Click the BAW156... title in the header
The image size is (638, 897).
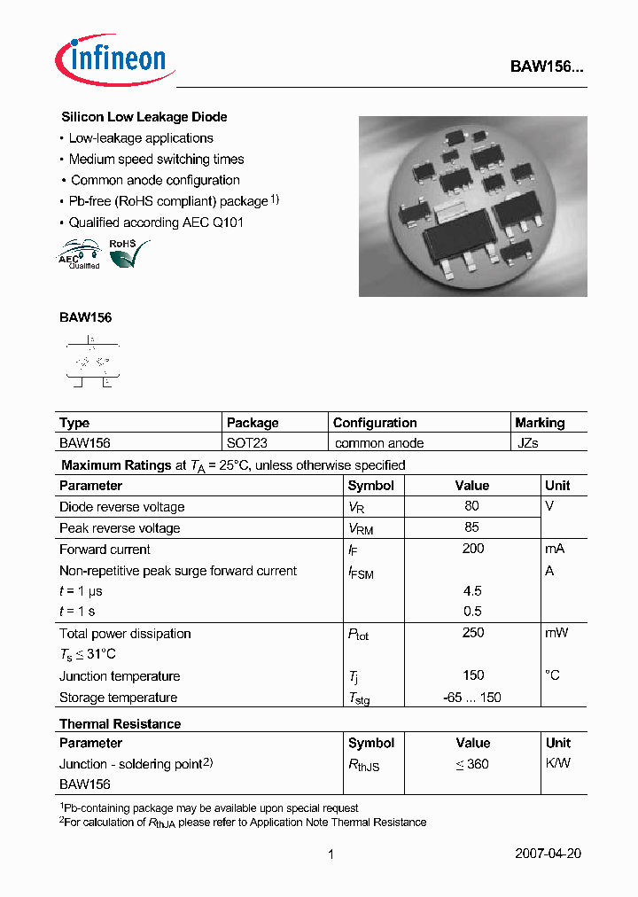pos(547,66)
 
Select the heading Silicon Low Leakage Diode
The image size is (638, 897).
pos(144,117)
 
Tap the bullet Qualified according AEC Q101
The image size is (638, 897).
pos(156,222)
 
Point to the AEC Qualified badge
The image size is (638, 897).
pos(79,254)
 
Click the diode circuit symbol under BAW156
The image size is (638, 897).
pos(91,363)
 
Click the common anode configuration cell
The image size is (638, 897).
pos(379,443)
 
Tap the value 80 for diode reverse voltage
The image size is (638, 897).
pos(471,506)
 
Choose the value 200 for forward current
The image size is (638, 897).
pos(473,549)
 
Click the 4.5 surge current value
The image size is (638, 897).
pos(473,590)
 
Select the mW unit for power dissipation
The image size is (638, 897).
pos(556,633)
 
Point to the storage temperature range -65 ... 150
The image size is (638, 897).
pos(472,698)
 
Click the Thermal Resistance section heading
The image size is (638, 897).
pos(120,724)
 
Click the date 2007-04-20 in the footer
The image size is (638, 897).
pos(548,854)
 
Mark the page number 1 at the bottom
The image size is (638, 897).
pos(331,854)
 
